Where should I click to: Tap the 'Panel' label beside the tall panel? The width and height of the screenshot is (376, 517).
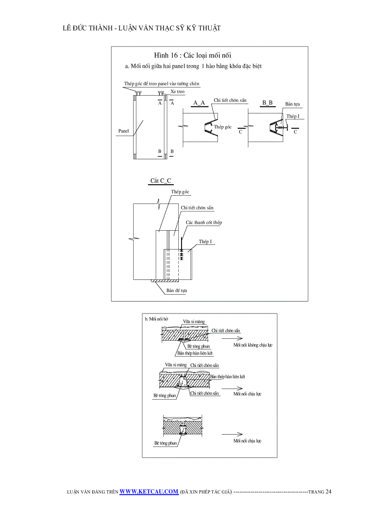pyautogui.click(x=123, y=131)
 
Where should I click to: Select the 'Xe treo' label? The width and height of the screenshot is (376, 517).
pyautogui.click(x=177, y=92)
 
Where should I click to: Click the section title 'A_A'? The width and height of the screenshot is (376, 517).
pyautogui.click(x=199, y=102)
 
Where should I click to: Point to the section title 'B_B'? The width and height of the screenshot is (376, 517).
pyautogui.click(x=268, y=102)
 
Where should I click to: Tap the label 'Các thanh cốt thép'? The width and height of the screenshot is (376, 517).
pyautogui.click(x=204, y=222)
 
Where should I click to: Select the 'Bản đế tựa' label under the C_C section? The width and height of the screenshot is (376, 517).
pyautogui.click(x=176, y=290)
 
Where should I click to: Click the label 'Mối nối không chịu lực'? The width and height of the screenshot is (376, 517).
pyautogui.click(x=253, y=345)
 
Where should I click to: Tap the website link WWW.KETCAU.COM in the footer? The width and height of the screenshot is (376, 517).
pyautogui.click(x=149, y=492)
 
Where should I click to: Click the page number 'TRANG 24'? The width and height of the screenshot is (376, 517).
pyautogui.click(x=320, y=492)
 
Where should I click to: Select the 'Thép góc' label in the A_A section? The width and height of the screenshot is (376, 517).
pyautogui.click(x=223, y=127)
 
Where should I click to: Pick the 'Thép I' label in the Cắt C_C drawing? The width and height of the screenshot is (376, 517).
pyautogui.click(x=205, y=241)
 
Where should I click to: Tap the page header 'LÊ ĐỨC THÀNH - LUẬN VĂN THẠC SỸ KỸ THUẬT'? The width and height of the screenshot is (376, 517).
pyautogui.click(x=141, y=28)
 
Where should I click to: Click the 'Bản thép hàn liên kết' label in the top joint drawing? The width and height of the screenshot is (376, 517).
pyautogui.click(x=195, y=353)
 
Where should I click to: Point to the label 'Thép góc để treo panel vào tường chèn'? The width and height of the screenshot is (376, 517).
pyautogui.click(x=162, y=84)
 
